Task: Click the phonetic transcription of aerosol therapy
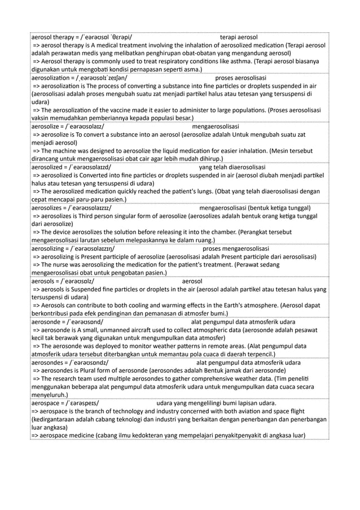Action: coord(108,37)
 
